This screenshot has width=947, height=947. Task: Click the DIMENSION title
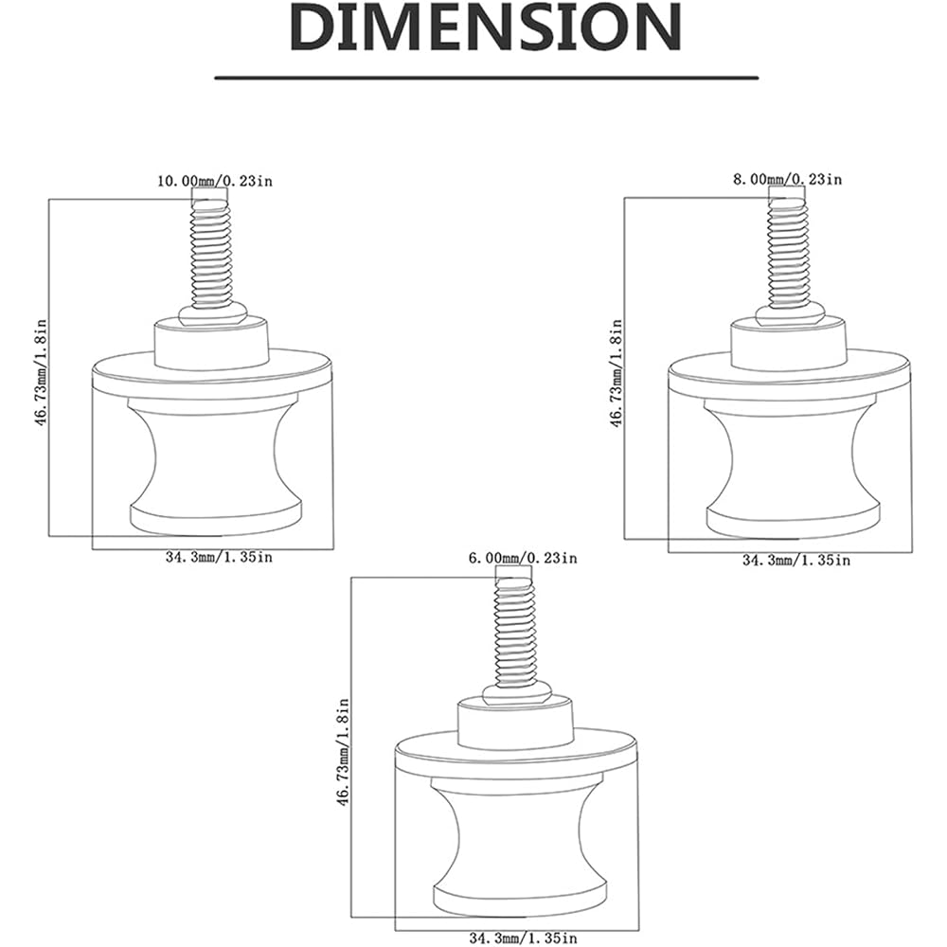pyautogui.click(x=486, y=28)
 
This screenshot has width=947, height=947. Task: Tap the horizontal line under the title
pyautogui.click(x=486, y=78)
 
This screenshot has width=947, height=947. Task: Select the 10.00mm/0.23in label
pyautogui.click(x=215, y=181)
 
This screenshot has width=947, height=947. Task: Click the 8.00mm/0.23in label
pyautogui.click(x=787, y=179)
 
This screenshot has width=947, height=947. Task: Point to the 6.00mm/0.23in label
pyautogui.click(x=523, y=558)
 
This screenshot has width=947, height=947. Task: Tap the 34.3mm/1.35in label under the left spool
pyautogui.click(x=220, y=557)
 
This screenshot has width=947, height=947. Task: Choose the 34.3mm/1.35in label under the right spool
pyautogui.click(x=796, y=561)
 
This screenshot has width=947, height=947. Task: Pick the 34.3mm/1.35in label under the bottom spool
pyautogui.click(x=523, y=938)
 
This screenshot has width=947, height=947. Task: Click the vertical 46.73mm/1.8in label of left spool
pyautogui.click(x=41, y=374)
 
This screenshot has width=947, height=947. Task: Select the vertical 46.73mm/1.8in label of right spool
pyautogui.click(x=616, y=374)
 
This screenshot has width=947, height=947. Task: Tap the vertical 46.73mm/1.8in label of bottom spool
pyautogui.click(x=344, y=753)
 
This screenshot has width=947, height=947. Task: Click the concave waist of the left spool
pyautogui.click(x=214, y=459)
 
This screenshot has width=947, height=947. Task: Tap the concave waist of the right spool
pyautogui.click(x=790, y=462)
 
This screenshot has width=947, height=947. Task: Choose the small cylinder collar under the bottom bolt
pyautogui.click(x=514, y=722)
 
